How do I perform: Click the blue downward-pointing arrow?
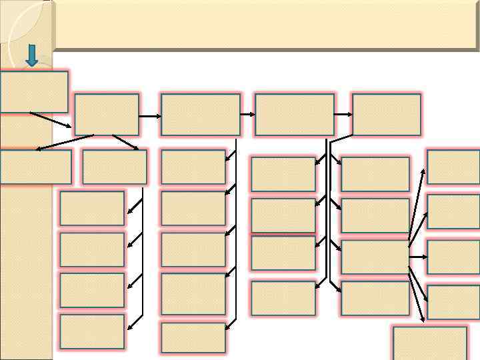tap(31, 55)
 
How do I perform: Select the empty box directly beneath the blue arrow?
tap(34, 91)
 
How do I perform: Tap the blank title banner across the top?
tap(267, 25)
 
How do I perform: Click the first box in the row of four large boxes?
tap(107, 114)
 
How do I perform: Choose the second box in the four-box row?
tap(200, 114)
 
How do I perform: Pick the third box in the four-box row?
tap(294, 114)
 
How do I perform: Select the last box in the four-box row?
tap(386, 114)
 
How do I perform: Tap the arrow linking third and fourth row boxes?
tap(343, 114)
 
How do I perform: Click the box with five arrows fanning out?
tap(375, 257)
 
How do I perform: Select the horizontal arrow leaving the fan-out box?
tap(417, 257)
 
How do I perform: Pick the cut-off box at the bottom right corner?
tap(429, 343)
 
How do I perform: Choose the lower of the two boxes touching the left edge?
tap(35, 167)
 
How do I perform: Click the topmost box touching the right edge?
tap(453, 167)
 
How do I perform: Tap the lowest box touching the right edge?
tap(453, 302)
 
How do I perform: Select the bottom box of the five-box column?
tap(193, 337)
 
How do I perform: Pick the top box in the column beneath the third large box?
tap(283, 174)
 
